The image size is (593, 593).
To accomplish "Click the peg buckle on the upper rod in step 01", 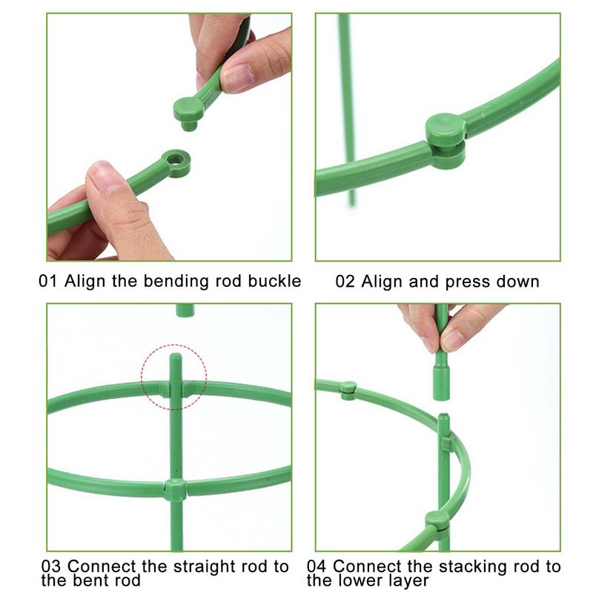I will click(189, 111).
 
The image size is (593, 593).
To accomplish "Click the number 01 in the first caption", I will click(48, 282).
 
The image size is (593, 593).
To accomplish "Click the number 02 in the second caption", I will click(345, 282).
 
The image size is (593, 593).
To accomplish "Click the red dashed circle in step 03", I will click(175, 375).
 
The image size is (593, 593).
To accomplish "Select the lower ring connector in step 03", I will click(175, 489).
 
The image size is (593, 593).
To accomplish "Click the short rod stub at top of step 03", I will click(185, 310).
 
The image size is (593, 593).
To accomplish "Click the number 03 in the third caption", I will click(52, 567).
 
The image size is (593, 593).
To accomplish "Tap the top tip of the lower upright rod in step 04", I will click(443, 419).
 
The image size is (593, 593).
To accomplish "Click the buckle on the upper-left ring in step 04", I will click(348, 388).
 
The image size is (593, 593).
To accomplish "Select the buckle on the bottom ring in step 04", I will click(437, 520).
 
